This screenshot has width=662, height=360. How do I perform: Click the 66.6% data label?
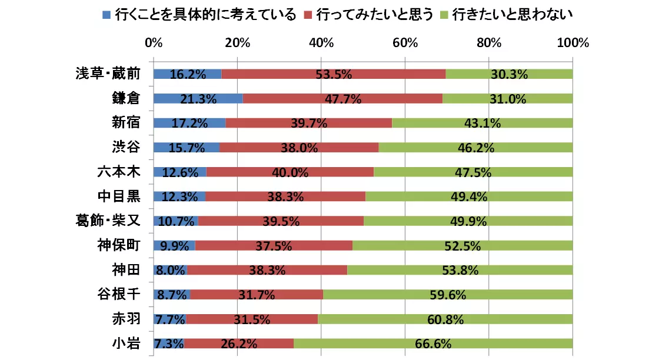pyautogui.click(x=433, y=344)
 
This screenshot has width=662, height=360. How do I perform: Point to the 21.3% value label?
pyautogui.click(x=198, y=99)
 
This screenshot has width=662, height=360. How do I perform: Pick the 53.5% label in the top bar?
pyautogui.click(x=334, y=75)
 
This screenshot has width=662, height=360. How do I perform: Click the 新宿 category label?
pyautogui.click(x=126, y=123)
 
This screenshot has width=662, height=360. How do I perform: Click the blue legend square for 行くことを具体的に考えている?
pyautogui.click(x=106, y=14)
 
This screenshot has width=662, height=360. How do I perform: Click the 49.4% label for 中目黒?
pyautogui.click(x=468, y=197)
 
